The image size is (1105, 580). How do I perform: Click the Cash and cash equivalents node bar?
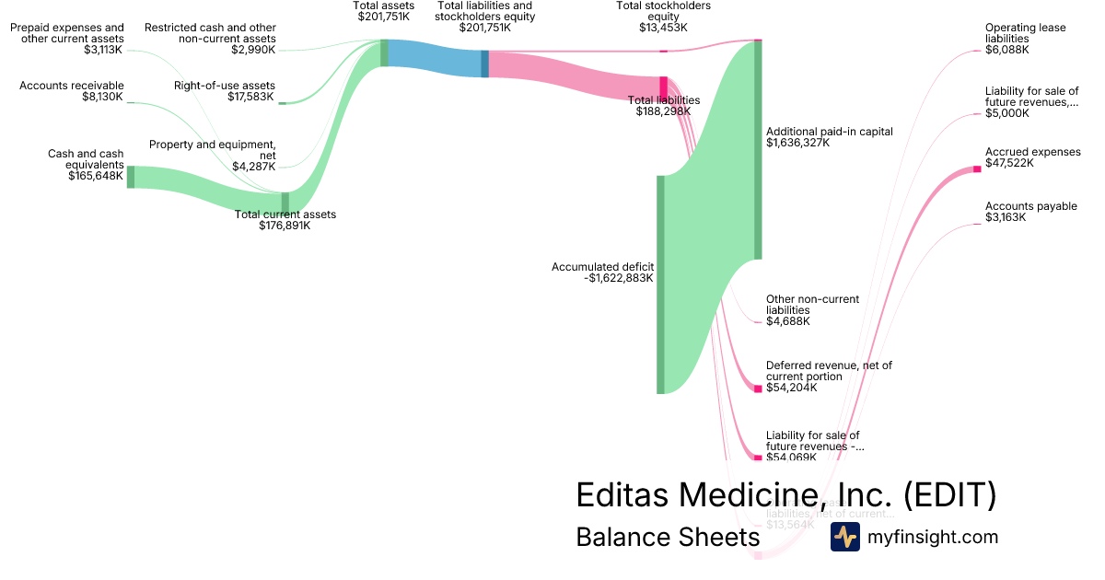coord(131,177)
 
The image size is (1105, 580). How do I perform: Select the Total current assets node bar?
coord(285,203)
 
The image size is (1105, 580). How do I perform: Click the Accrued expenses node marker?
coord(977,168)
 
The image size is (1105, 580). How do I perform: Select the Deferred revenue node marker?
coord(758,389)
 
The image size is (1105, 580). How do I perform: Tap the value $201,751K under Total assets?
coord(384,17)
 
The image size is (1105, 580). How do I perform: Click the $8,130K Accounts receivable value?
coord(102,96)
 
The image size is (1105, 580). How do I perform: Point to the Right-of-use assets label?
coord(225,86)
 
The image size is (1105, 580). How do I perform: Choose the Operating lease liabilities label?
coord(1025,33)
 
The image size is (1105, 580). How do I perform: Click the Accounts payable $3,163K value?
coord(1006,217)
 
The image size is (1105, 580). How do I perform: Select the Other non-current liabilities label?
coord(812,305)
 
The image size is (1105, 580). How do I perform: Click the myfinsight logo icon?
coord(844,537)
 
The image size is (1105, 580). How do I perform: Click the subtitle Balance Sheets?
coord(668,537)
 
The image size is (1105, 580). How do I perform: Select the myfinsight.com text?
coord(933,537)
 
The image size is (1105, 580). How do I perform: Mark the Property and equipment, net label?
coord(213,150)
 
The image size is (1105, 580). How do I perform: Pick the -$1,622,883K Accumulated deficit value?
coord(619,278)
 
